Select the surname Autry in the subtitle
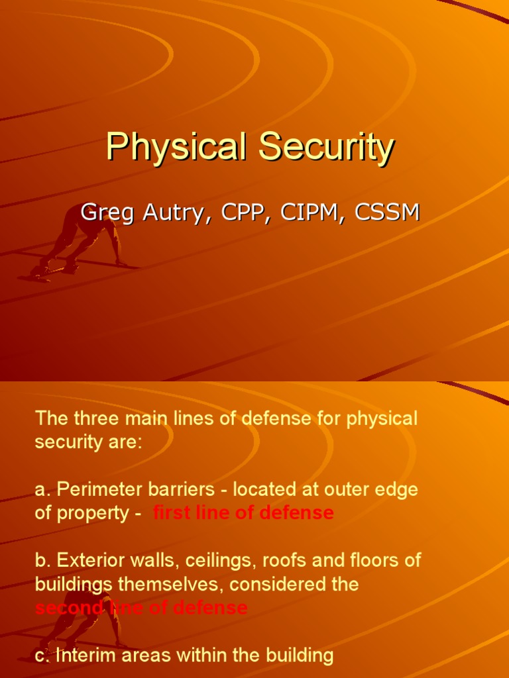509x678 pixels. pos(168,213)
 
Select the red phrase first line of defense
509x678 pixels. pos(243,513)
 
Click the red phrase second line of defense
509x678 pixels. pos(141,608)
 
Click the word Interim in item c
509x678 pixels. pos(87,655)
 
